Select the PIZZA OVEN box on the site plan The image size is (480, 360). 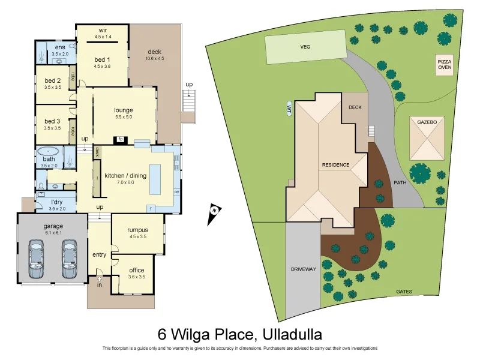point(445,65)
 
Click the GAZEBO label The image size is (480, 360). point(428,122)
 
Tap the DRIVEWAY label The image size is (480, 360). point(303,269)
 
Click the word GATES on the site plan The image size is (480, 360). point(404,292)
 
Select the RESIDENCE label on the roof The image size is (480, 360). point(335,164)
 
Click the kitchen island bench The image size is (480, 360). point(155,178)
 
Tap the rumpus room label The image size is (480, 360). point(138,230)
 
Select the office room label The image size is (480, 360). point(137,270)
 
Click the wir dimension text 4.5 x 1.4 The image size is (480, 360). point(103,37)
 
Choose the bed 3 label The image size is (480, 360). point(52,121)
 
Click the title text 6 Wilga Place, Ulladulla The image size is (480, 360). point(240,334)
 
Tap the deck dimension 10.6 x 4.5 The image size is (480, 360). point(154,58)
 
